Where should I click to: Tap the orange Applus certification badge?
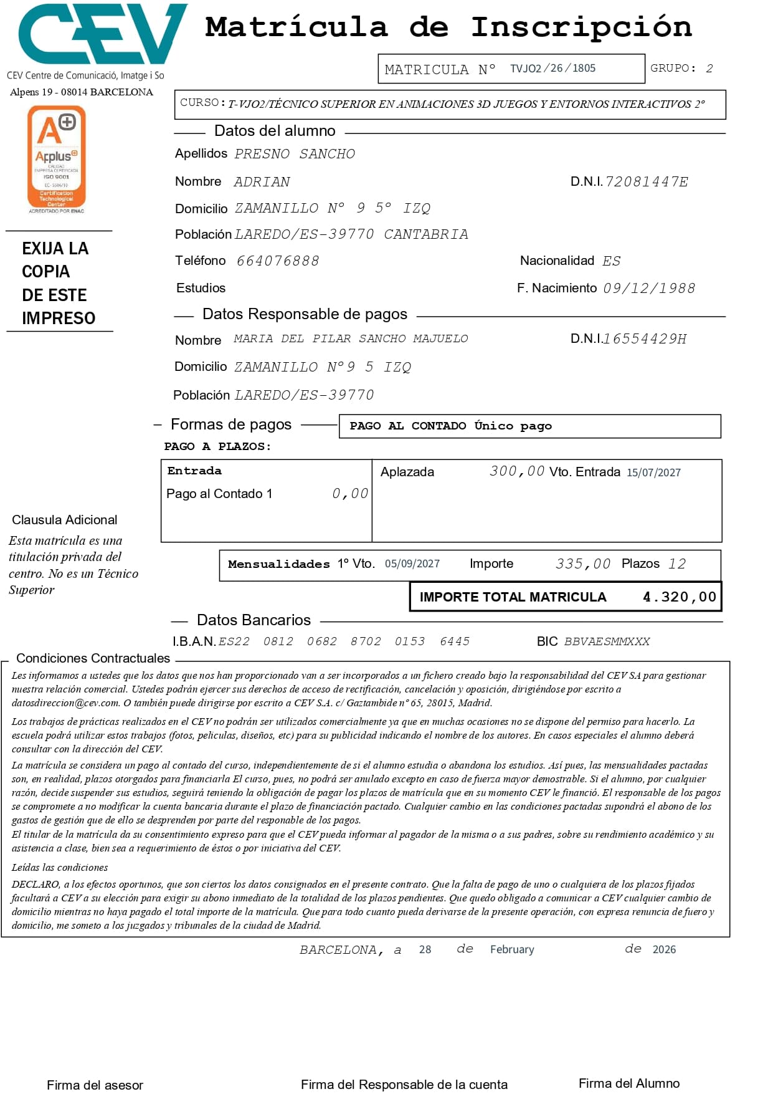pyautogui.click(x=56, y=158)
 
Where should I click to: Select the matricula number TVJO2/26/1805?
pyautogui.click(x=552, y=69)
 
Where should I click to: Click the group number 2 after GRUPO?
pyautogui.click(x=709, y=69)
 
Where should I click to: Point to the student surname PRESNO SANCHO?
pyautogui.click(x=295, y=154)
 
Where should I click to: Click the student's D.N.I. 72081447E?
pyautogui.click(x=647, y=182)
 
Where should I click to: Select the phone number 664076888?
pyautogui.click(x=278, y=261)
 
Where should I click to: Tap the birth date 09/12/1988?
pyautogui.click(x=649, y=289)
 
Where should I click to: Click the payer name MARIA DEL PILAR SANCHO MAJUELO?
pyautogui.click(x=351, y=338)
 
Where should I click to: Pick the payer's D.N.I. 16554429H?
pyautogui.click(x=645, y=339)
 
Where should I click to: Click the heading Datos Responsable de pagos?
pyautogui.click(x=305, y=314)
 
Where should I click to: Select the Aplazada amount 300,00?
pyautogui.click(x=517, y=471)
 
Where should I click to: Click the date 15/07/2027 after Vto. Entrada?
pyautogui.click(x=653, y=473)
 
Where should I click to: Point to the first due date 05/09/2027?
pyautogui.click(x=412, y=564)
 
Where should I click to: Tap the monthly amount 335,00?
pyautogui.click(x=583, y=564)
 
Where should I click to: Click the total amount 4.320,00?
pyautogui.click(x=680, y=597)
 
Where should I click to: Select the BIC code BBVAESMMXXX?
pyautogui.click(x=607, y=641)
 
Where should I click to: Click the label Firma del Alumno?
pyautogui.click(x=628, y=1083)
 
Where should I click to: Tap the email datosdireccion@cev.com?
pyautogui.click(x=65, y=703)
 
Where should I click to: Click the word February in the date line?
pyautogui.click(x=512, y=949)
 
